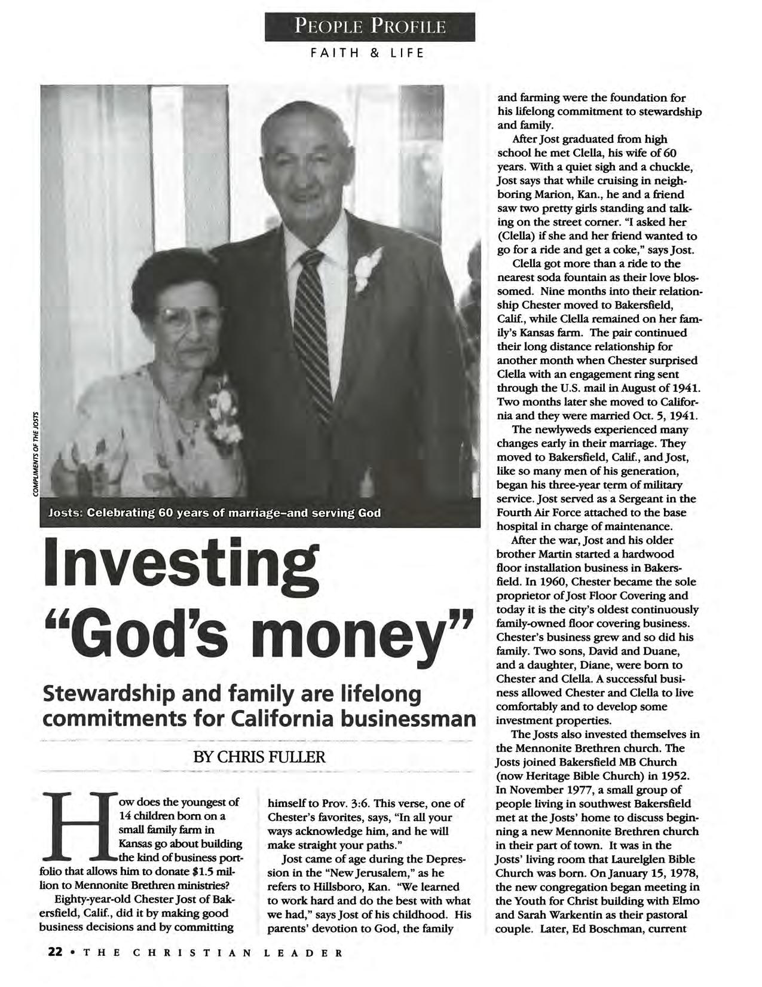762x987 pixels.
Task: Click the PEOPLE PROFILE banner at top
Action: click(x=369, y=27)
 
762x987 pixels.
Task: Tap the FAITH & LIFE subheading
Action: click(x=367, y=53)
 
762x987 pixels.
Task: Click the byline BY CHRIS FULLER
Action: click(x=259, y=757)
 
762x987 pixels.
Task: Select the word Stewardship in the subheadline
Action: click(x=112, y=695)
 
